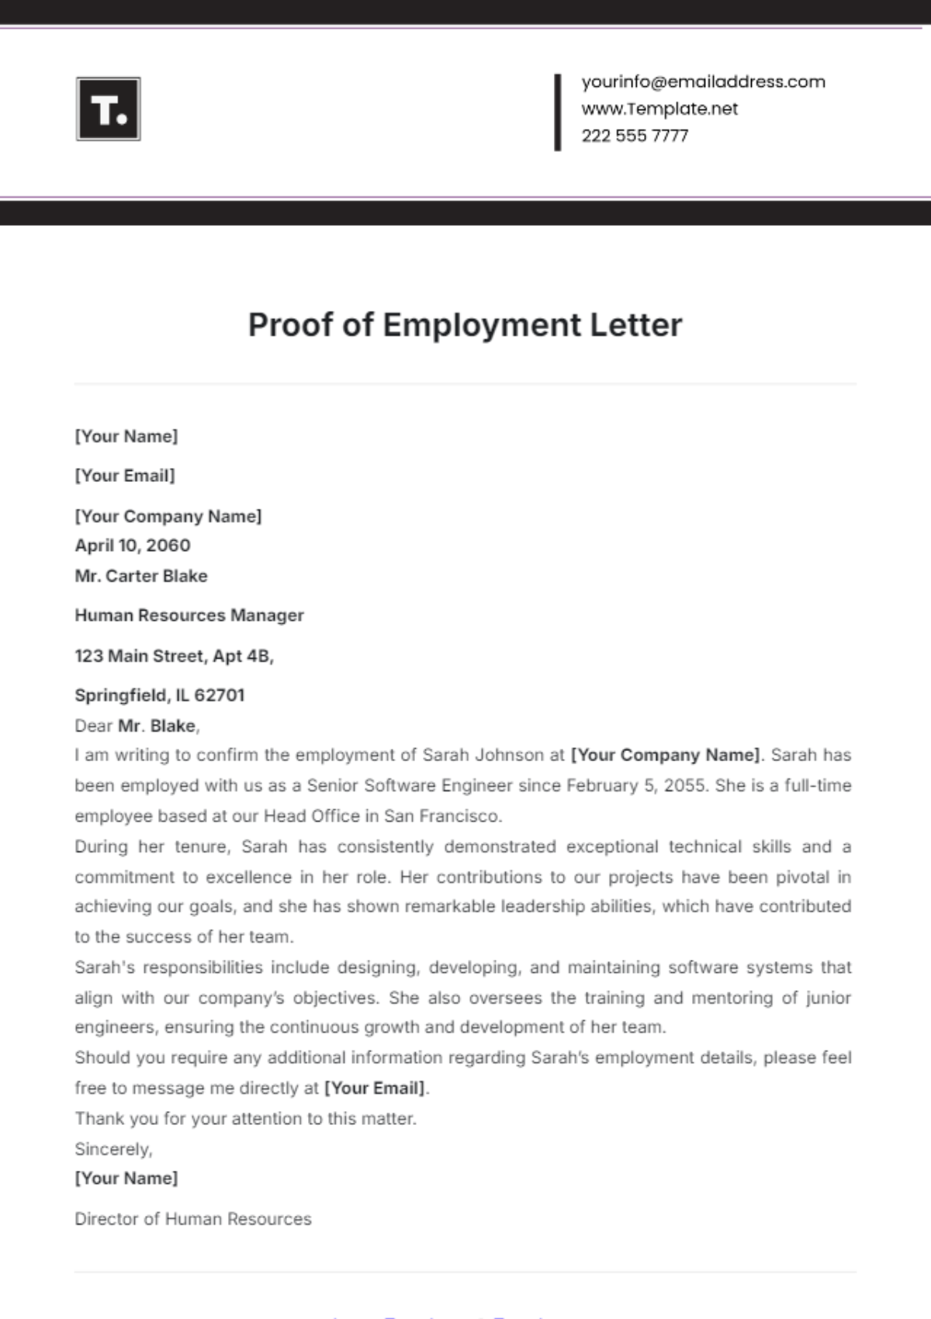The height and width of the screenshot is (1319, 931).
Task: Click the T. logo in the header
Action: (x=109, y=109)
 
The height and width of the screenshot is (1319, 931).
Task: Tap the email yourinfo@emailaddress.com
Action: (x=703, y=81)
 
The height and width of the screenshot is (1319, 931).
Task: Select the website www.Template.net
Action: (x=659, y=109)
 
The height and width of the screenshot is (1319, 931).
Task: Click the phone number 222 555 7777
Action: (x=635, y=136)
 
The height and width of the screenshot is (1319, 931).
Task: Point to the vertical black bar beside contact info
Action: (x=557, y=112)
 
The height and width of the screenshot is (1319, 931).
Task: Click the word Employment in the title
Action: (x=481, y=325)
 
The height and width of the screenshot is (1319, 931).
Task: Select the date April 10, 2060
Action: (x=133, y=545)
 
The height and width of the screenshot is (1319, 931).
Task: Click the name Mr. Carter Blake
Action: (x=141, y=576)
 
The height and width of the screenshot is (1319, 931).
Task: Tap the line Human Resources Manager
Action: (x=189, y=615)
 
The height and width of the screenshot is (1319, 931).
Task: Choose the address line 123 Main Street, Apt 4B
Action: (x=174, y=656)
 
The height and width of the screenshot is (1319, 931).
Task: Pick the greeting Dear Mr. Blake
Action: (x=137, y=726)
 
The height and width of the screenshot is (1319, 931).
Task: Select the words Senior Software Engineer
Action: (x=410, y=785)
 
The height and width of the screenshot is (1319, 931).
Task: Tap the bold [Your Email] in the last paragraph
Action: (x=375, y=1088)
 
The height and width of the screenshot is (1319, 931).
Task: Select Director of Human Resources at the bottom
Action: (x=193, y=1219)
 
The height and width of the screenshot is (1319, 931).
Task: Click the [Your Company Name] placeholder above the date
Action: (x=168, y=516)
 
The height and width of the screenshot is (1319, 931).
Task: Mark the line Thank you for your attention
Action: (x=245, y=1118)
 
